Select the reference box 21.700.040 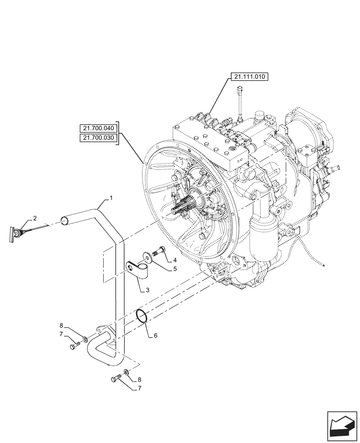[98, 129]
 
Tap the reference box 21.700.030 [98, 138]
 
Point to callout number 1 [111, 198]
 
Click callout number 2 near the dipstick [35, 218]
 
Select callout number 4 [175, 260]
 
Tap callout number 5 [175, 268]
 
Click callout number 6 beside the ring [155, 335]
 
